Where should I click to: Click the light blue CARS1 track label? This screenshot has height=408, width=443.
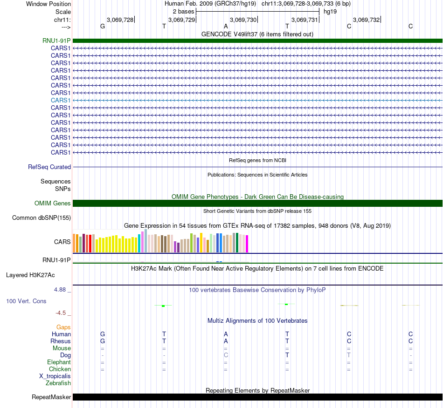tap(61, 100)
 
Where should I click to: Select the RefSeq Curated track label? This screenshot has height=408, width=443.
tap(49, 167)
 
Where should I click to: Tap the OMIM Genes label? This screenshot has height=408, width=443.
tap(53, 203)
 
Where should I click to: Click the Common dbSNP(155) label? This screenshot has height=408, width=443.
tap(42, 218)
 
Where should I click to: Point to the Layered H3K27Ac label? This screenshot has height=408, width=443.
tap(30, 275)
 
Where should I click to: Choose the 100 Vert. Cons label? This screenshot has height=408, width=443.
tap(26, 301)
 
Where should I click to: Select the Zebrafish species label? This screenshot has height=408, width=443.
tap(58, 383)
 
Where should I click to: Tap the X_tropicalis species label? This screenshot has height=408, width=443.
tap(55, 376)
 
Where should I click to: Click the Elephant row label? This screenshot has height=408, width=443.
tap(59, 362)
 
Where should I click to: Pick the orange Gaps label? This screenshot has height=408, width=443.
tap(63, 327)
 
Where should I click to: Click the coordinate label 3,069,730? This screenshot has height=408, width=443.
tap(243, 20)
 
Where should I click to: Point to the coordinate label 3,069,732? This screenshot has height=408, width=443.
tap(367, 20)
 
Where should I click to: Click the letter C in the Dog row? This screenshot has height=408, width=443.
tap(226, 355)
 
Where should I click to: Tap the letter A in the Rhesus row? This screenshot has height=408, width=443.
tap(226, 341)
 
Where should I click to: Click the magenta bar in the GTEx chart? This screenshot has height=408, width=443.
tap(247, 244)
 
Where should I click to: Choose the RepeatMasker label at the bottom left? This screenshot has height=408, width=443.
tap(51, 397)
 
